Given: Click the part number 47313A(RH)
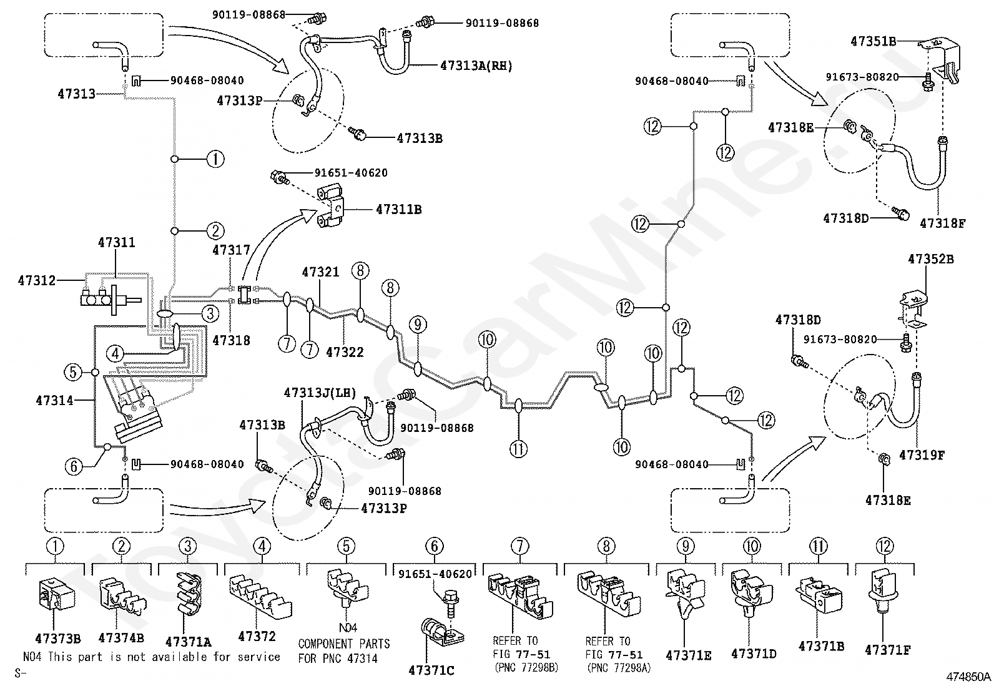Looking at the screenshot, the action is click(x=476, y=66).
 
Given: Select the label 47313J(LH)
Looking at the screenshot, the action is click(x=320, y=393).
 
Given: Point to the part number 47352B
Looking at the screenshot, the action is click(x=930, y=259).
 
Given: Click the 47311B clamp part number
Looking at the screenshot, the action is click(x=398, y=210).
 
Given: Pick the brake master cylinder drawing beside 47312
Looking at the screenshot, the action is click(x=111, y=300).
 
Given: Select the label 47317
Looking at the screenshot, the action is click(x=231, y=250).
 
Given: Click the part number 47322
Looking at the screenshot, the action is click(x=345, y=352).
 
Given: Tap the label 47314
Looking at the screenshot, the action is click(x=54, y=401).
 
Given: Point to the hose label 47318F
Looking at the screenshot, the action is click(x=942, y=223).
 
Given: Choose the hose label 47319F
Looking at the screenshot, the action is click(x=922, y=455).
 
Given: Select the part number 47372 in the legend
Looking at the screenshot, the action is click(x=257, y=637).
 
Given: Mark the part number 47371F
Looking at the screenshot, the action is click(x=887, y=650).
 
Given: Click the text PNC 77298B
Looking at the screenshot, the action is click(x=526, y=668).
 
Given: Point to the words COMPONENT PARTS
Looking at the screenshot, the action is click(x=344, y=644).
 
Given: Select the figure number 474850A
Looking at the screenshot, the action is click(x=968, y=677).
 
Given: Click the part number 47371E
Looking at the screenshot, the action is click(x=688, y=655).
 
